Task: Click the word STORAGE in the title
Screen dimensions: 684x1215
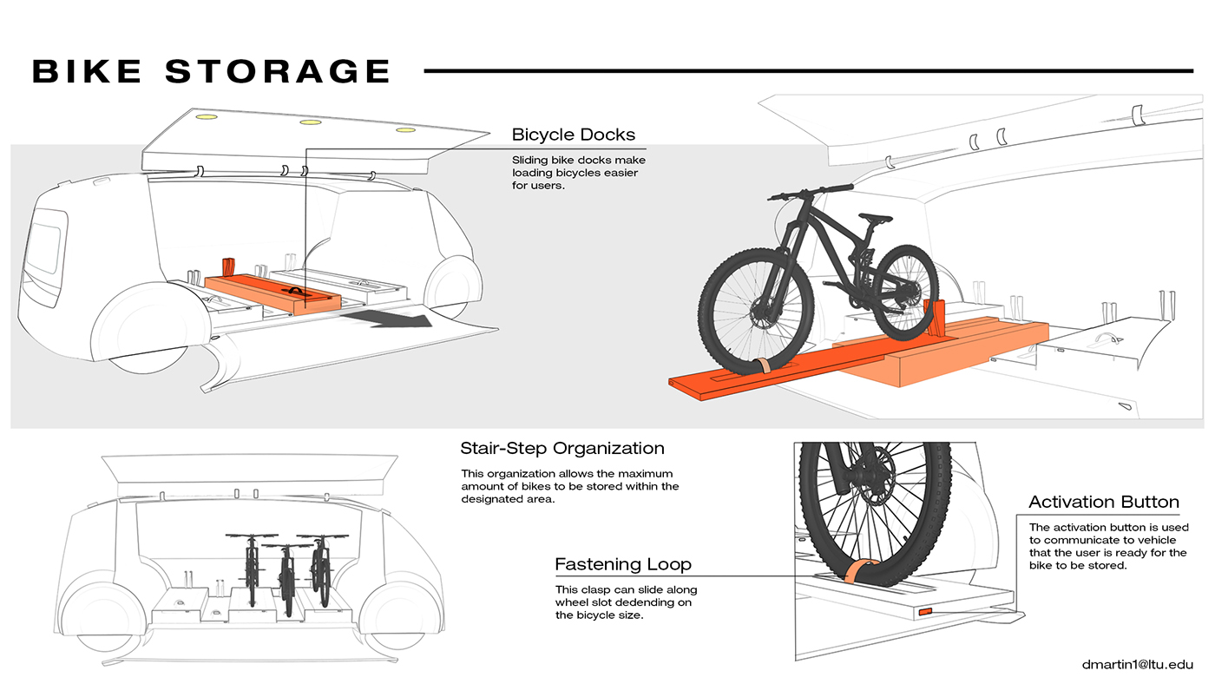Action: pyautogui.click(x=278, y=71)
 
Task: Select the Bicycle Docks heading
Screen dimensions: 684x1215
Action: pyautogui.click(x=573, y=135)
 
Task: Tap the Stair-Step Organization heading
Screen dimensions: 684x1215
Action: pyautogui.click(x=562, y=449)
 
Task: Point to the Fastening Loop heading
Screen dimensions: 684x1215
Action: pyautogui.click(x=622, y=564)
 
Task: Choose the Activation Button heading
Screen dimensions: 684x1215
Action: pyautogui.click(x=1103, y=502)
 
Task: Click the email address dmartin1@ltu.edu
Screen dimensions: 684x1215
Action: pyautogui.click(x=1137, y=664)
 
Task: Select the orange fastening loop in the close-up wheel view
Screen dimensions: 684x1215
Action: pyautogui.click(x=860, y=570)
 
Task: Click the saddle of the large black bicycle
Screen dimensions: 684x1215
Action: pyautogui.click(x=874, y=217)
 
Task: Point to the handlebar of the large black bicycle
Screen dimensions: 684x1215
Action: pyautogui.click(x=807, y=189)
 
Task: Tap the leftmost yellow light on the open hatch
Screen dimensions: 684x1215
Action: pyautogui.click(x=206, y=116)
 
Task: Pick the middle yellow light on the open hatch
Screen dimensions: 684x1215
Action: pyautogui.click(x=310, y=122)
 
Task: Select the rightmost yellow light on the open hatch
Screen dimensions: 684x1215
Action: pyautogui.click(x=405, y=130)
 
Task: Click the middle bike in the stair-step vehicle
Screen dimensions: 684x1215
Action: pyautogui.click(x=286, y=577)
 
